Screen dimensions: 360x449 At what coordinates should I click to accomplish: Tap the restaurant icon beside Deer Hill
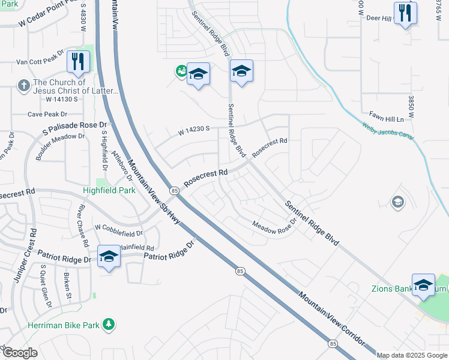(x=405, y=13)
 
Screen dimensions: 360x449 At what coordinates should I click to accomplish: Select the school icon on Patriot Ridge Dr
(x=109, y=256)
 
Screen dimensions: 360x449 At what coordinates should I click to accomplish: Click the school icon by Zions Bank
(x=423, y=284)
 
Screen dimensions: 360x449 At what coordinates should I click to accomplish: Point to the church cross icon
(x=24, y=85)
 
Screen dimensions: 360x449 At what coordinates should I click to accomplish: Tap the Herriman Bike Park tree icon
(x=109, y=325)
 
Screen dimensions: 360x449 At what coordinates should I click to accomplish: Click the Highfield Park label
(x=109, y=190)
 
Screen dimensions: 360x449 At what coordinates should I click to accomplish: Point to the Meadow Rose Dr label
(x=275, y=228)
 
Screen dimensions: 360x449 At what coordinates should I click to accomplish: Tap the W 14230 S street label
(x=193, y=129)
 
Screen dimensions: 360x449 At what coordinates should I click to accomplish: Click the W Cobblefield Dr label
(x=119, y=229)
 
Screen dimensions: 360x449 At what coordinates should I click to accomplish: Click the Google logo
(x=19, y=353)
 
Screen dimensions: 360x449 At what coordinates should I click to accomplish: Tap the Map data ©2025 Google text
(x=412, y=355)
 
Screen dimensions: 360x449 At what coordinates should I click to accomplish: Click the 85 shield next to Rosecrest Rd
(x=174, y=191)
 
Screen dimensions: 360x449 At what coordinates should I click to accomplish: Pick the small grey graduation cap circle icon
(x=397, y=203)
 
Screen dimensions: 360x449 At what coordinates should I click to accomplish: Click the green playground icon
(x=180, y=71)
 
